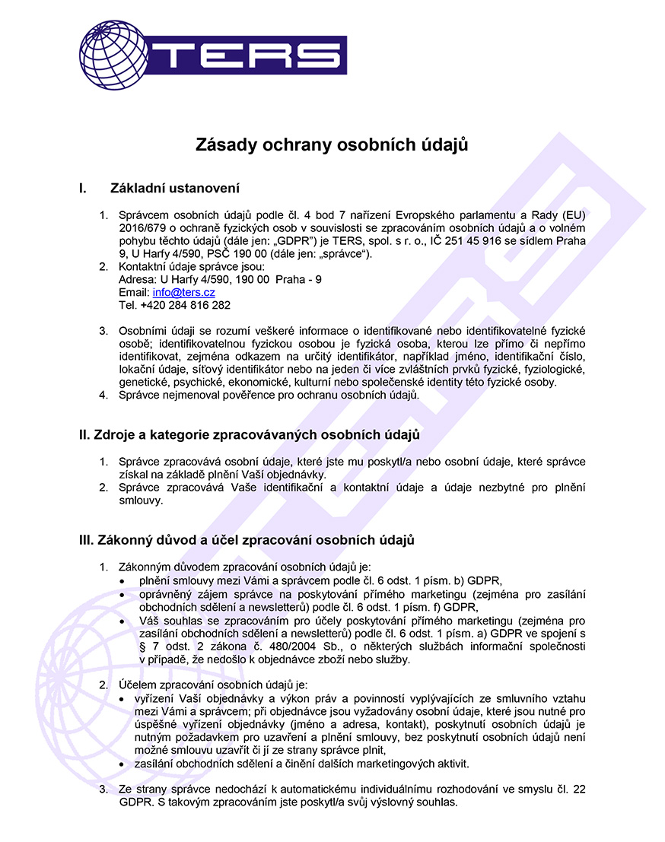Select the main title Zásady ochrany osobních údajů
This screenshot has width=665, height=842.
point(332,145)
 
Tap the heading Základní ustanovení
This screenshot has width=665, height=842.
point(175,188)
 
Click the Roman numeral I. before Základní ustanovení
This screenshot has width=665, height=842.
point(83,188)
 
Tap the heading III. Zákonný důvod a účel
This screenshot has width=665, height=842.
point(247,540)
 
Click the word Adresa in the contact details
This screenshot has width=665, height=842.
point(135,279)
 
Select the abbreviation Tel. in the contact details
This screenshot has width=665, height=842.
point(127,305)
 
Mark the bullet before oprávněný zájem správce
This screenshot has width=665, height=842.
point(125,595)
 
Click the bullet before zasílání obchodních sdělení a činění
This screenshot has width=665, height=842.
point(125,764)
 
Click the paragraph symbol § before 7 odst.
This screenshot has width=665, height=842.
point(143,647)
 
